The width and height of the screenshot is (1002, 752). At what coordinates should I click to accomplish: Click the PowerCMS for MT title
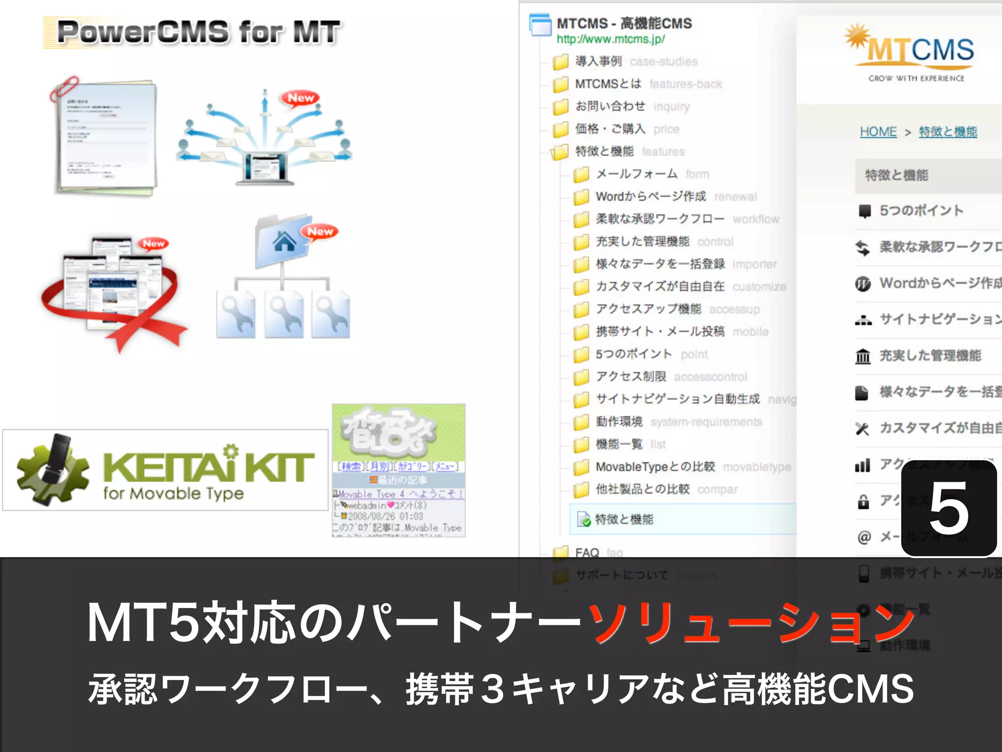click(198, 32)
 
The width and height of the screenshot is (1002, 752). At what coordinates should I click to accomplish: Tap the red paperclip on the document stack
click(65, 88)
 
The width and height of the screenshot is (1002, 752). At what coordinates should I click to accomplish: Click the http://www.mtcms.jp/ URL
click(611, 39)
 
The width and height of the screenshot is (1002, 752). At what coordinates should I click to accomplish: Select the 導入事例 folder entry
click(598, 61)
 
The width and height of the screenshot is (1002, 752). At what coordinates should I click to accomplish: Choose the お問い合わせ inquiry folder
click(610, 106)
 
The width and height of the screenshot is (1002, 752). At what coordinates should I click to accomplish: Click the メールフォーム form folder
click(636, 174)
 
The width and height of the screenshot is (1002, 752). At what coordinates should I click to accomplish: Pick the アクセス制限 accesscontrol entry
click(631, 376)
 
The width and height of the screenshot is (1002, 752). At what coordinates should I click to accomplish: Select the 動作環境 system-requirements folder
click(619, 422)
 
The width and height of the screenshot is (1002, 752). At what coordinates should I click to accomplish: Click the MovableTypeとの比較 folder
click(655, 467)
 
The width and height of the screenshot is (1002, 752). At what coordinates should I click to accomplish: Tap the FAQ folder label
click(587, 553)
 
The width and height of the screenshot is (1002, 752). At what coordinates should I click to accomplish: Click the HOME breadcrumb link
click(878, 132)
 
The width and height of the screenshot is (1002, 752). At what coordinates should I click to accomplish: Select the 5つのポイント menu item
click(921, 211)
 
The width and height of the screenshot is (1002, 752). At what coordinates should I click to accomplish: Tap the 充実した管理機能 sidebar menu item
click(930, 355)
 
